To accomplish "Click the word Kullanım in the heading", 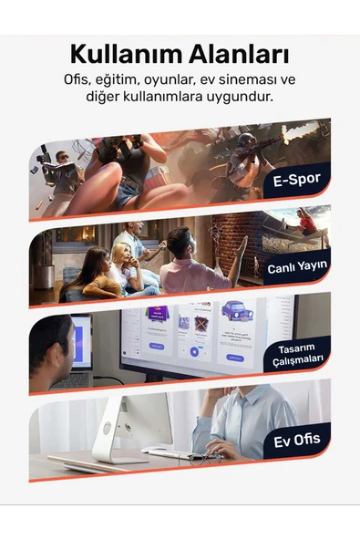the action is pyautogui.click(x=127, y=55).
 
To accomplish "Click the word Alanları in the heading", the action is pyautogui.click(x=239, y=55).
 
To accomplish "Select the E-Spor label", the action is pyautogui.click(x=297, y=180).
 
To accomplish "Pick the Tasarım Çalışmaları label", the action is pyautogui.click(x=298, y=354).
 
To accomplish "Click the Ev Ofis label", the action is pyautogui.click(x=297, y=441).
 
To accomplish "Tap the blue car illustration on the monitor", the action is pyautogui.click(x=237, y=311).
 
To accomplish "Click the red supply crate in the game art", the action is pyautogui.click(x=160, y=177).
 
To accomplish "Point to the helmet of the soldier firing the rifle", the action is pyautogui.click(x=246, y=140).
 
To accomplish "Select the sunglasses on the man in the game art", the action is pyautogui.click(x=63, y=158).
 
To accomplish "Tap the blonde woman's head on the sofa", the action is pyautogui.click(x=123, y=253).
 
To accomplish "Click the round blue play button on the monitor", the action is pyautogui.click(x=194, y=351).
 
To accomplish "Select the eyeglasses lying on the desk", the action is pyautogui.click(x=204, y=459).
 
